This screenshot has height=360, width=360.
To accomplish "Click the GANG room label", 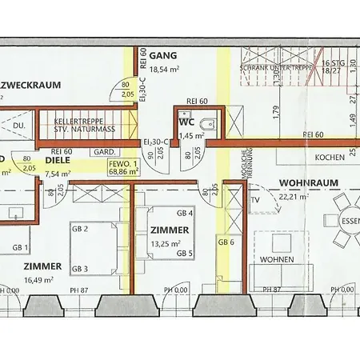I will pyautogui.click(x=162, y=57).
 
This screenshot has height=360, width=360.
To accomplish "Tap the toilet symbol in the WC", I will pyautogui.click(x=208, y=124).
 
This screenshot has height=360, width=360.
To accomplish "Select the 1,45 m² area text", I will pyautogui.click(x=192, y=136).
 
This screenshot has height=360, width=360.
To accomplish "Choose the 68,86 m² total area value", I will pyautogui.click(x=123, y=171).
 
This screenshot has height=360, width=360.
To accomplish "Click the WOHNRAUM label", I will pyautogui.click(x=308, y=183).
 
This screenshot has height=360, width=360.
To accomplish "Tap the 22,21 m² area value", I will pyautogui.click(x=308, y=195).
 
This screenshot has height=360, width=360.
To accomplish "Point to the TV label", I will pyautogui.click(x=256, y=200).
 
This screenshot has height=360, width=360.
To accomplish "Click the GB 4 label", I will pyautogui.click(x=185, y=213).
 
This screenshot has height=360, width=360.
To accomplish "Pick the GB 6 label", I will pyautogui.click(x=226, y=242).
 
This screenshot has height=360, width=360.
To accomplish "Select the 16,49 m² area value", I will pyautogui.click(x=38, y=280).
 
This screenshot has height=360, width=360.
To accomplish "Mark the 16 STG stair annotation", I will pyautogui.click(x=334, y=62).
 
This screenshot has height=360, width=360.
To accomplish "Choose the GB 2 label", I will pyautogui.click(x=80, y=229).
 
